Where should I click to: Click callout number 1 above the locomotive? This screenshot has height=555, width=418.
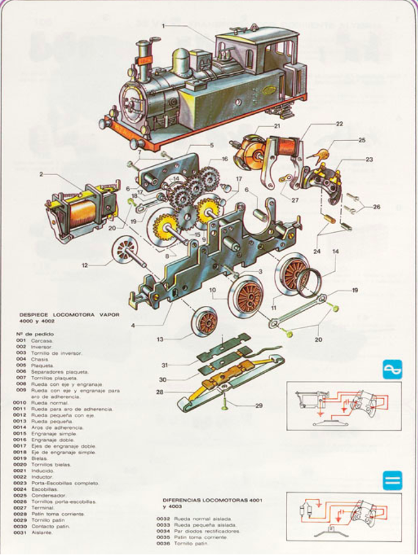pyautogui.click(x=164, y=25)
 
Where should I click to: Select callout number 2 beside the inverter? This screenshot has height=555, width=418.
pyautogui.click(x=42, y=175)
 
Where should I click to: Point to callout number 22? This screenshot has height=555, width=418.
pyautogui.click(x=339, y=124)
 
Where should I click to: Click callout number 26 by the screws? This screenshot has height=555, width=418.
pyautogui.click(x=376, y=207)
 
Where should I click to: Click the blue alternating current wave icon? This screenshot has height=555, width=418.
pyautogui.click(x=391, y=369)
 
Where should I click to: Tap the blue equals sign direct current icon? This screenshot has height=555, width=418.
pyautogui.click(x=391, y=479)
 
